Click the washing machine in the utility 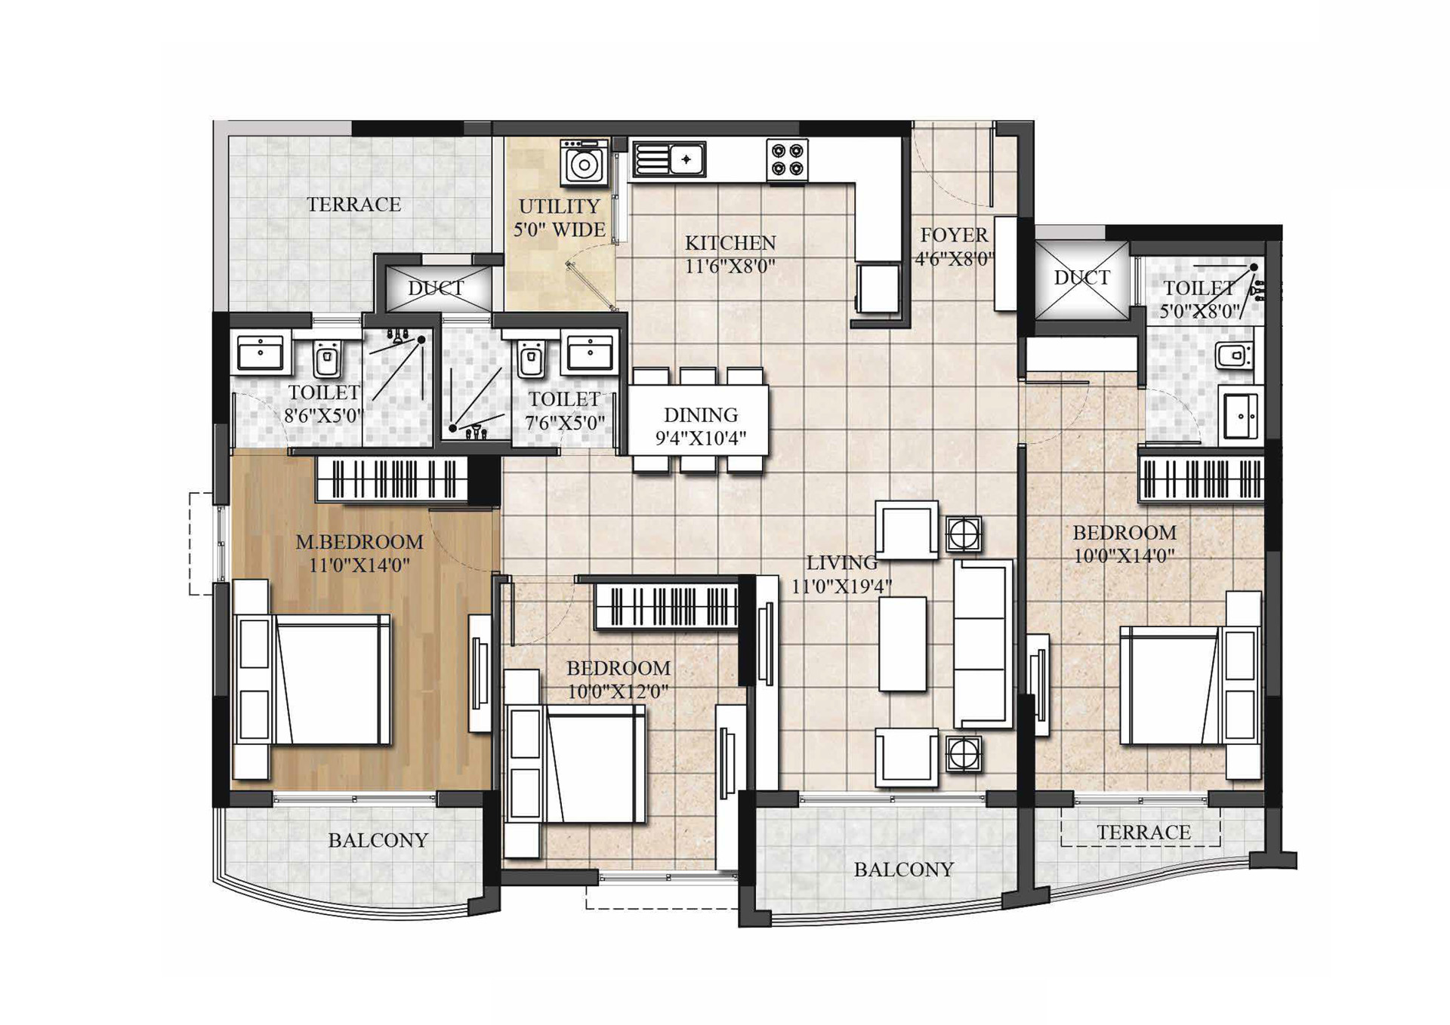584,162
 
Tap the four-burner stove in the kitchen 787,160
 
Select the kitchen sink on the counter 668,159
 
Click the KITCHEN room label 730,243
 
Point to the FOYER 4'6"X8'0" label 955,247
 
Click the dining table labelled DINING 699,420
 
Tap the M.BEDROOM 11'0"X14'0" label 359,553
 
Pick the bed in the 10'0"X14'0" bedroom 1191,685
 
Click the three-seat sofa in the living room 983,644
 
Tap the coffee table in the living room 902,644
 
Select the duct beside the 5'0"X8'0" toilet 1082,279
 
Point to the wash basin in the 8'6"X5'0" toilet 261,352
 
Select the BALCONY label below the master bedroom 378,841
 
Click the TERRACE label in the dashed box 1143,833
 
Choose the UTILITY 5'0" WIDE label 560,217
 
